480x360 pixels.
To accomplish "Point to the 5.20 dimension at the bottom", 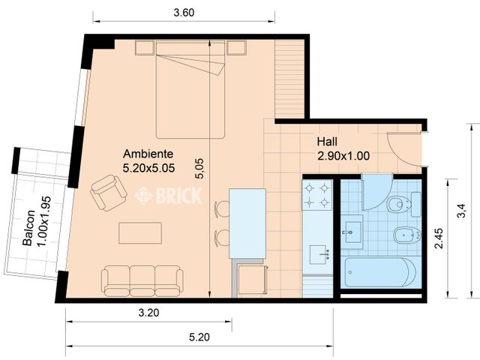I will tap(199, 337).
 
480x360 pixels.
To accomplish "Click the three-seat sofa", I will tap(142, 279).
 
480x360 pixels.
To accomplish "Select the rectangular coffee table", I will tap(139, 233).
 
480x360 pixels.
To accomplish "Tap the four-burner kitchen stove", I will tap(316, 194).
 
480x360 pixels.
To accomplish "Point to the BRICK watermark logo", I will tap(168, 196).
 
